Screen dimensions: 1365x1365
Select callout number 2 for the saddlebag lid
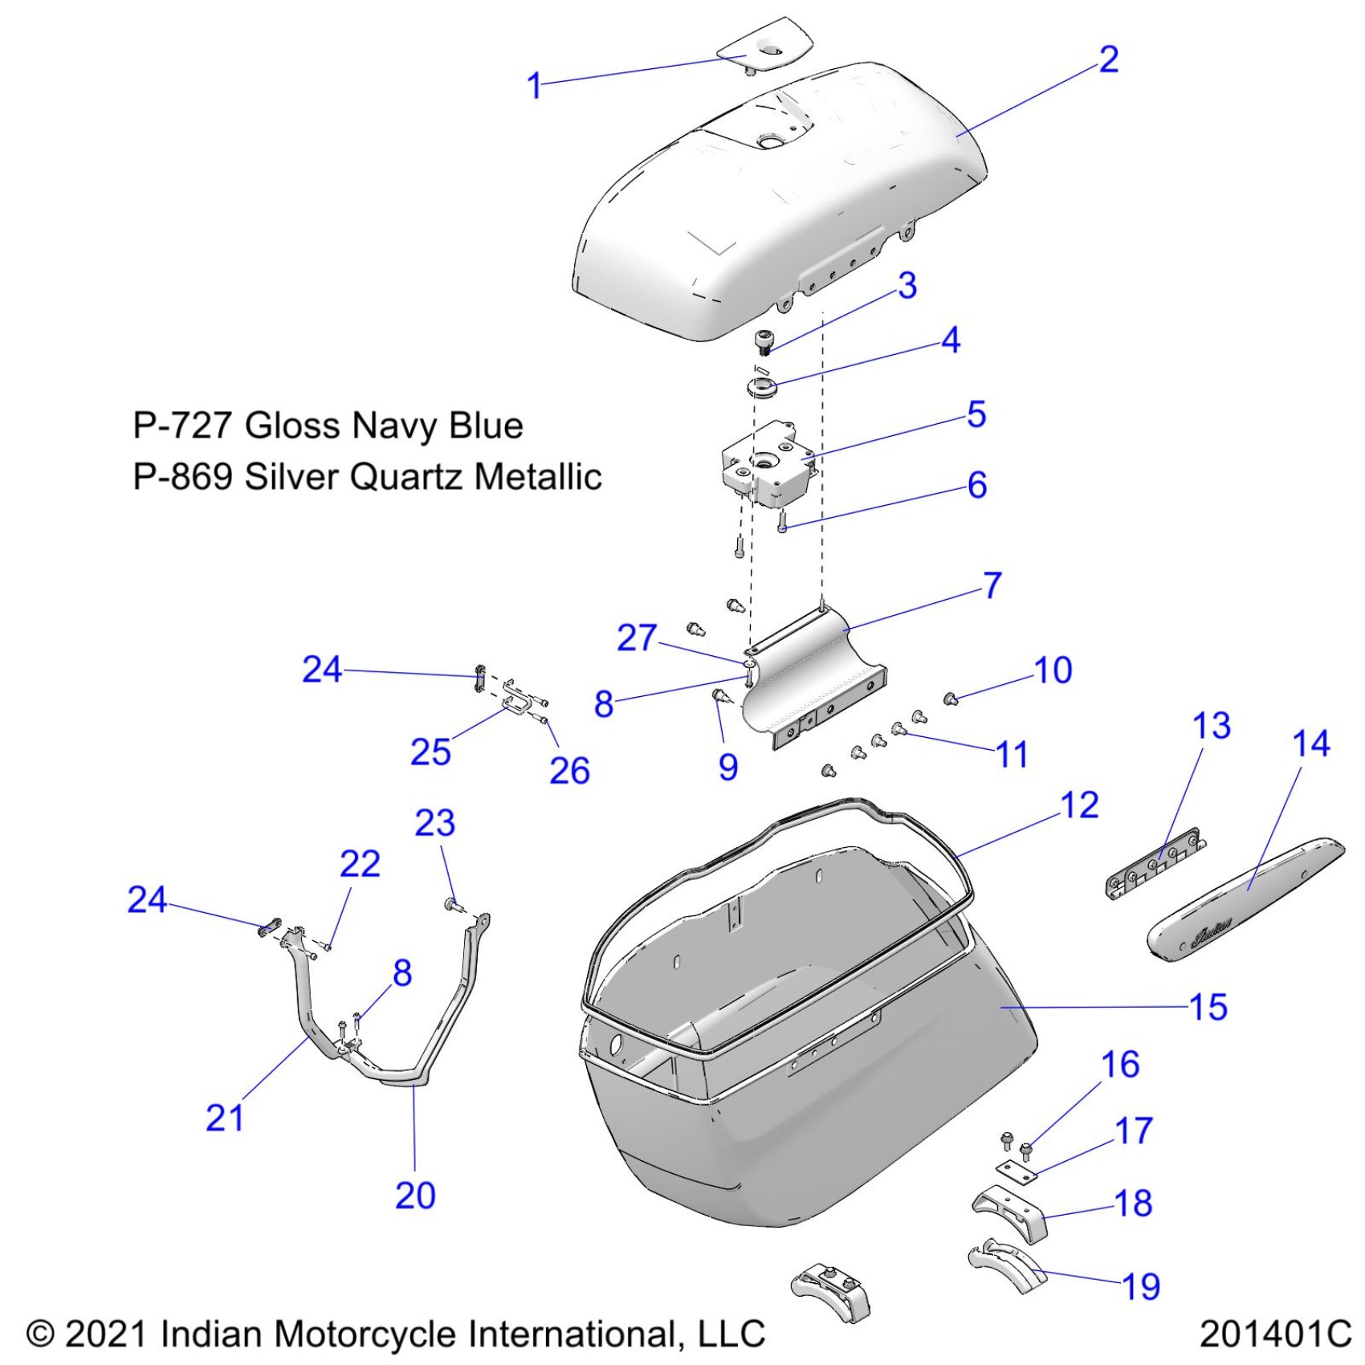1108,59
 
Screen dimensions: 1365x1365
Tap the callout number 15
1208,1007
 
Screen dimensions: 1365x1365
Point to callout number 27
637,638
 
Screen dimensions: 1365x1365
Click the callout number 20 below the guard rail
415,1196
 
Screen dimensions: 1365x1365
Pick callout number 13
1212,726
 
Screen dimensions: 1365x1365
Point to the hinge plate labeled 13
1155,868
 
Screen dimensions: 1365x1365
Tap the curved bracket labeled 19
1006,1268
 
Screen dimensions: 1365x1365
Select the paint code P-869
182,477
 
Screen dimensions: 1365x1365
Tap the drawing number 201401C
1275,1334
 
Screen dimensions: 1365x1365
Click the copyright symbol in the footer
40,1334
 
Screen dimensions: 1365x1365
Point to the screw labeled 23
453,905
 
